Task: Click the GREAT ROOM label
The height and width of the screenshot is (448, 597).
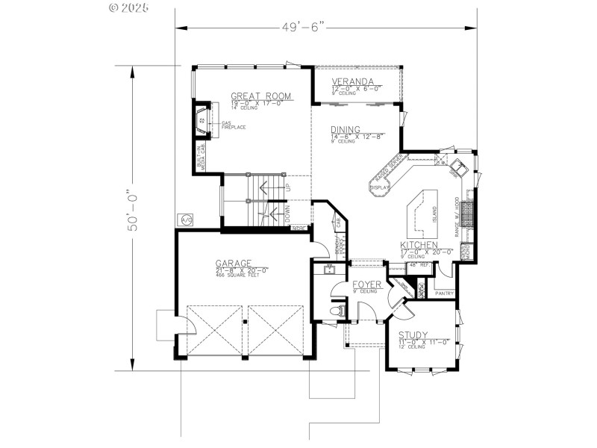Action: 260,96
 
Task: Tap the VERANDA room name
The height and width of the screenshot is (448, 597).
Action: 353,81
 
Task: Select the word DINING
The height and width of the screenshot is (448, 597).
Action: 346,129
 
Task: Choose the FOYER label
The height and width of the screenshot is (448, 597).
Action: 367,284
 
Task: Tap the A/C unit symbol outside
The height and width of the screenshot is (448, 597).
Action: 185,220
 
